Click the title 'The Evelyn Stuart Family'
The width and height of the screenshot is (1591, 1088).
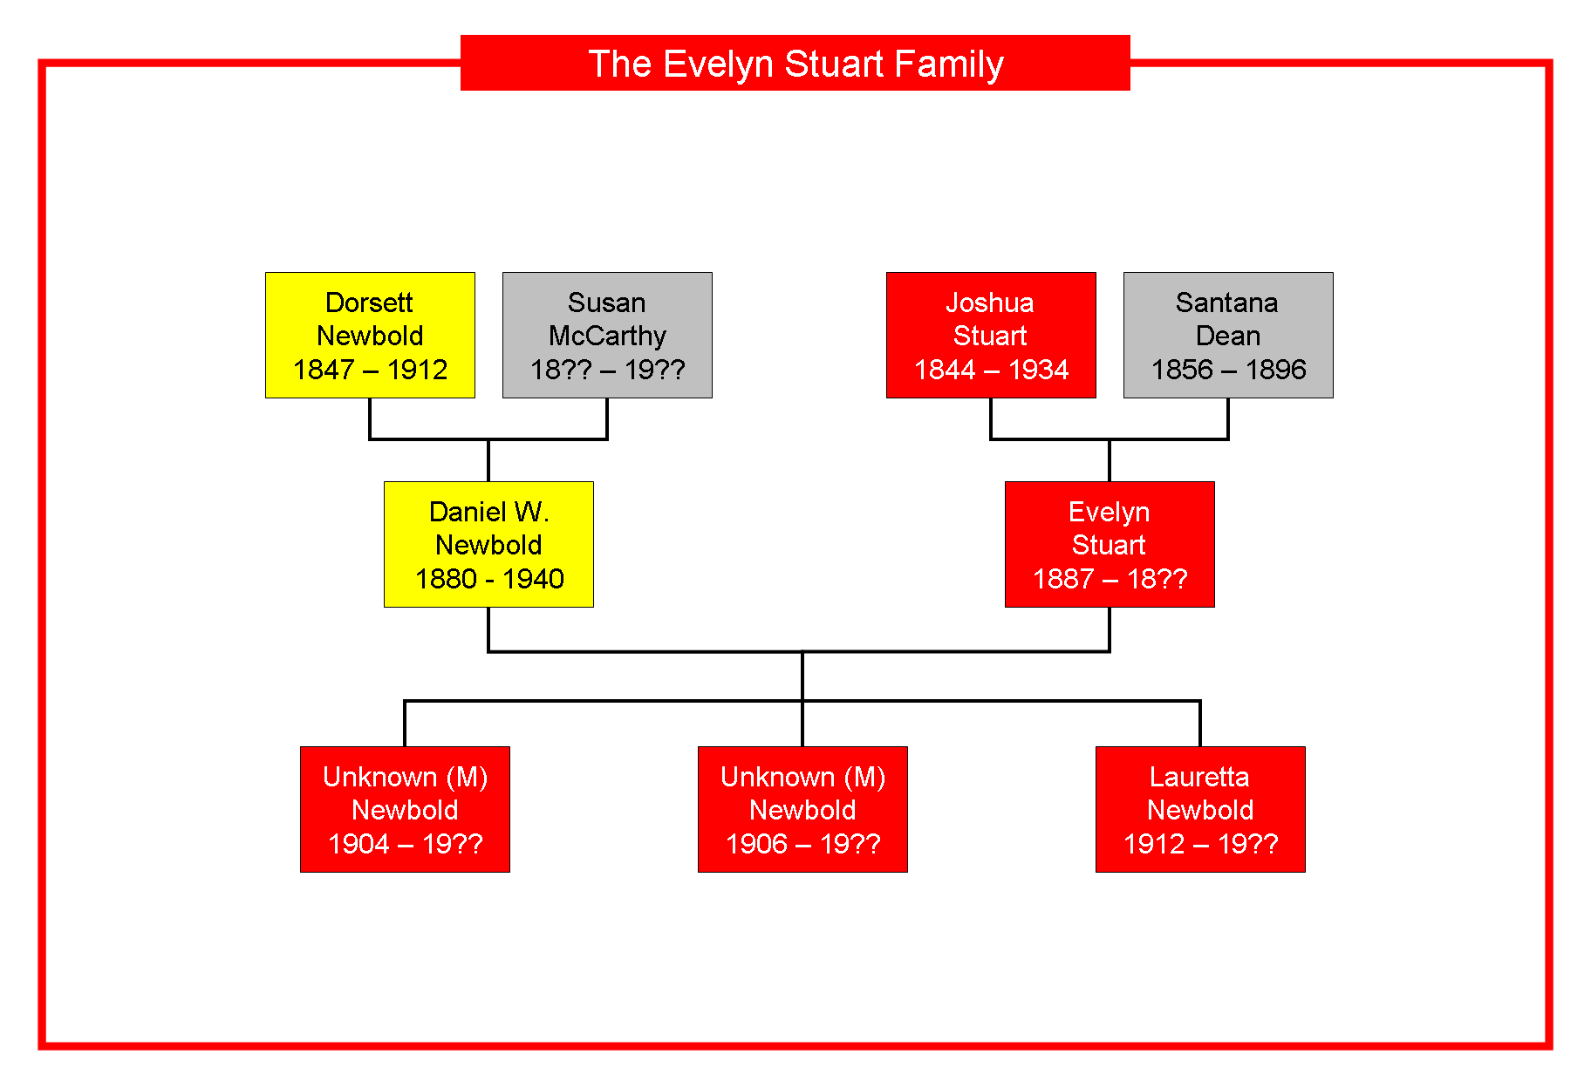point(795,64)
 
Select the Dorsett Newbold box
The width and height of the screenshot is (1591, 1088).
point(370,335)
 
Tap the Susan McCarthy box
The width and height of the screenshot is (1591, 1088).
point(607,335)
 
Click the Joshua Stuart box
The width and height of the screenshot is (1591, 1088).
point(991,335)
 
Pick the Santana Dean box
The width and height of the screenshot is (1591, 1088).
point(1228,335)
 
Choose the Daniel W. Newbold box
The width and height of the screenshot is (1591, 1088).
point(488,544)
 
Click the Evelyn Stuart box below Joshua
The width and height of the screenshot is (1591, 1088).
point(1110,544)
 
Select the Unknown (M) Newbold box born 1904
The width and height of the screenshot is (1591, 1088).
point(405,809)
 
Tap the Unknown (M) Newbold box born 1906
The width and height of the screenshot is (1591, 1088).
point(802,809)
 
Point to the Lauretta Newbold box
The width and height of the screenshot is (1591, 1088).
point(1200,809)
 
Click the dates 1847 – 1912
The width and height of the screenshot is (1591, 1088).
point(370,370)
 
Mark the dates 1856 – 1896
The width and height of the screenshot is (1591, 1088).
point(1228,370)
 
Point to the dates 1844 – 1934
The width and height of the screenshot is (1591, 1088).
point(991,370)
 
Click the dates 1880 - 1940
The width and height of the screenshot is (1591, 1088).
point(489,579)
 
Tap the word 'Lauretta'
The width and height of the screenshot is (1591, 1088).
point(1199,777)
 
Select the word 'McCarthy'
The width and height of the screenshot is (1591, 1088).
point(607,337)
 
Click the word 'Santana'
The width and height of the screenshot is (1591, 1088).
point(1226,303)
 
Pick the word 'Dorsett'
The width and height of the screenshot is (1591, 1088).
point(369,303)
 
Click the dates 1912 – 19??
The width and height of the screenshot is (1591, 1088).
point(1200,844)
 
